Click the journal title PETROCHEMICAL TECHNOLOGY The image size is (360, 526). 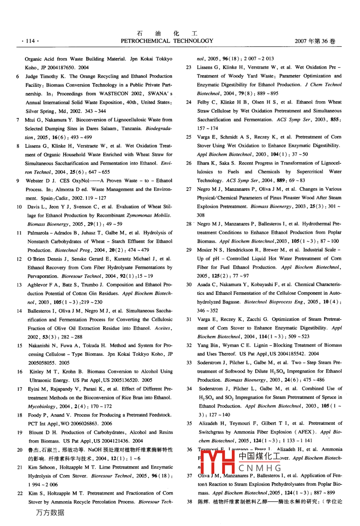coord(167,41)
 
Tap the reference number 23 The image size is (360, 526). coord(189,67)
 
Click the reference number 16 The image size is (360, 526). coord(20,371)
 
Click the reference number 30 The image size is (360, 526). coord(189,285)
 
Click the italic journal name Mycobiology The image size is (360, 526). coord(42,406)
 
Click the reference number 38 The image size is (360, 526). coord(190,501)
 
